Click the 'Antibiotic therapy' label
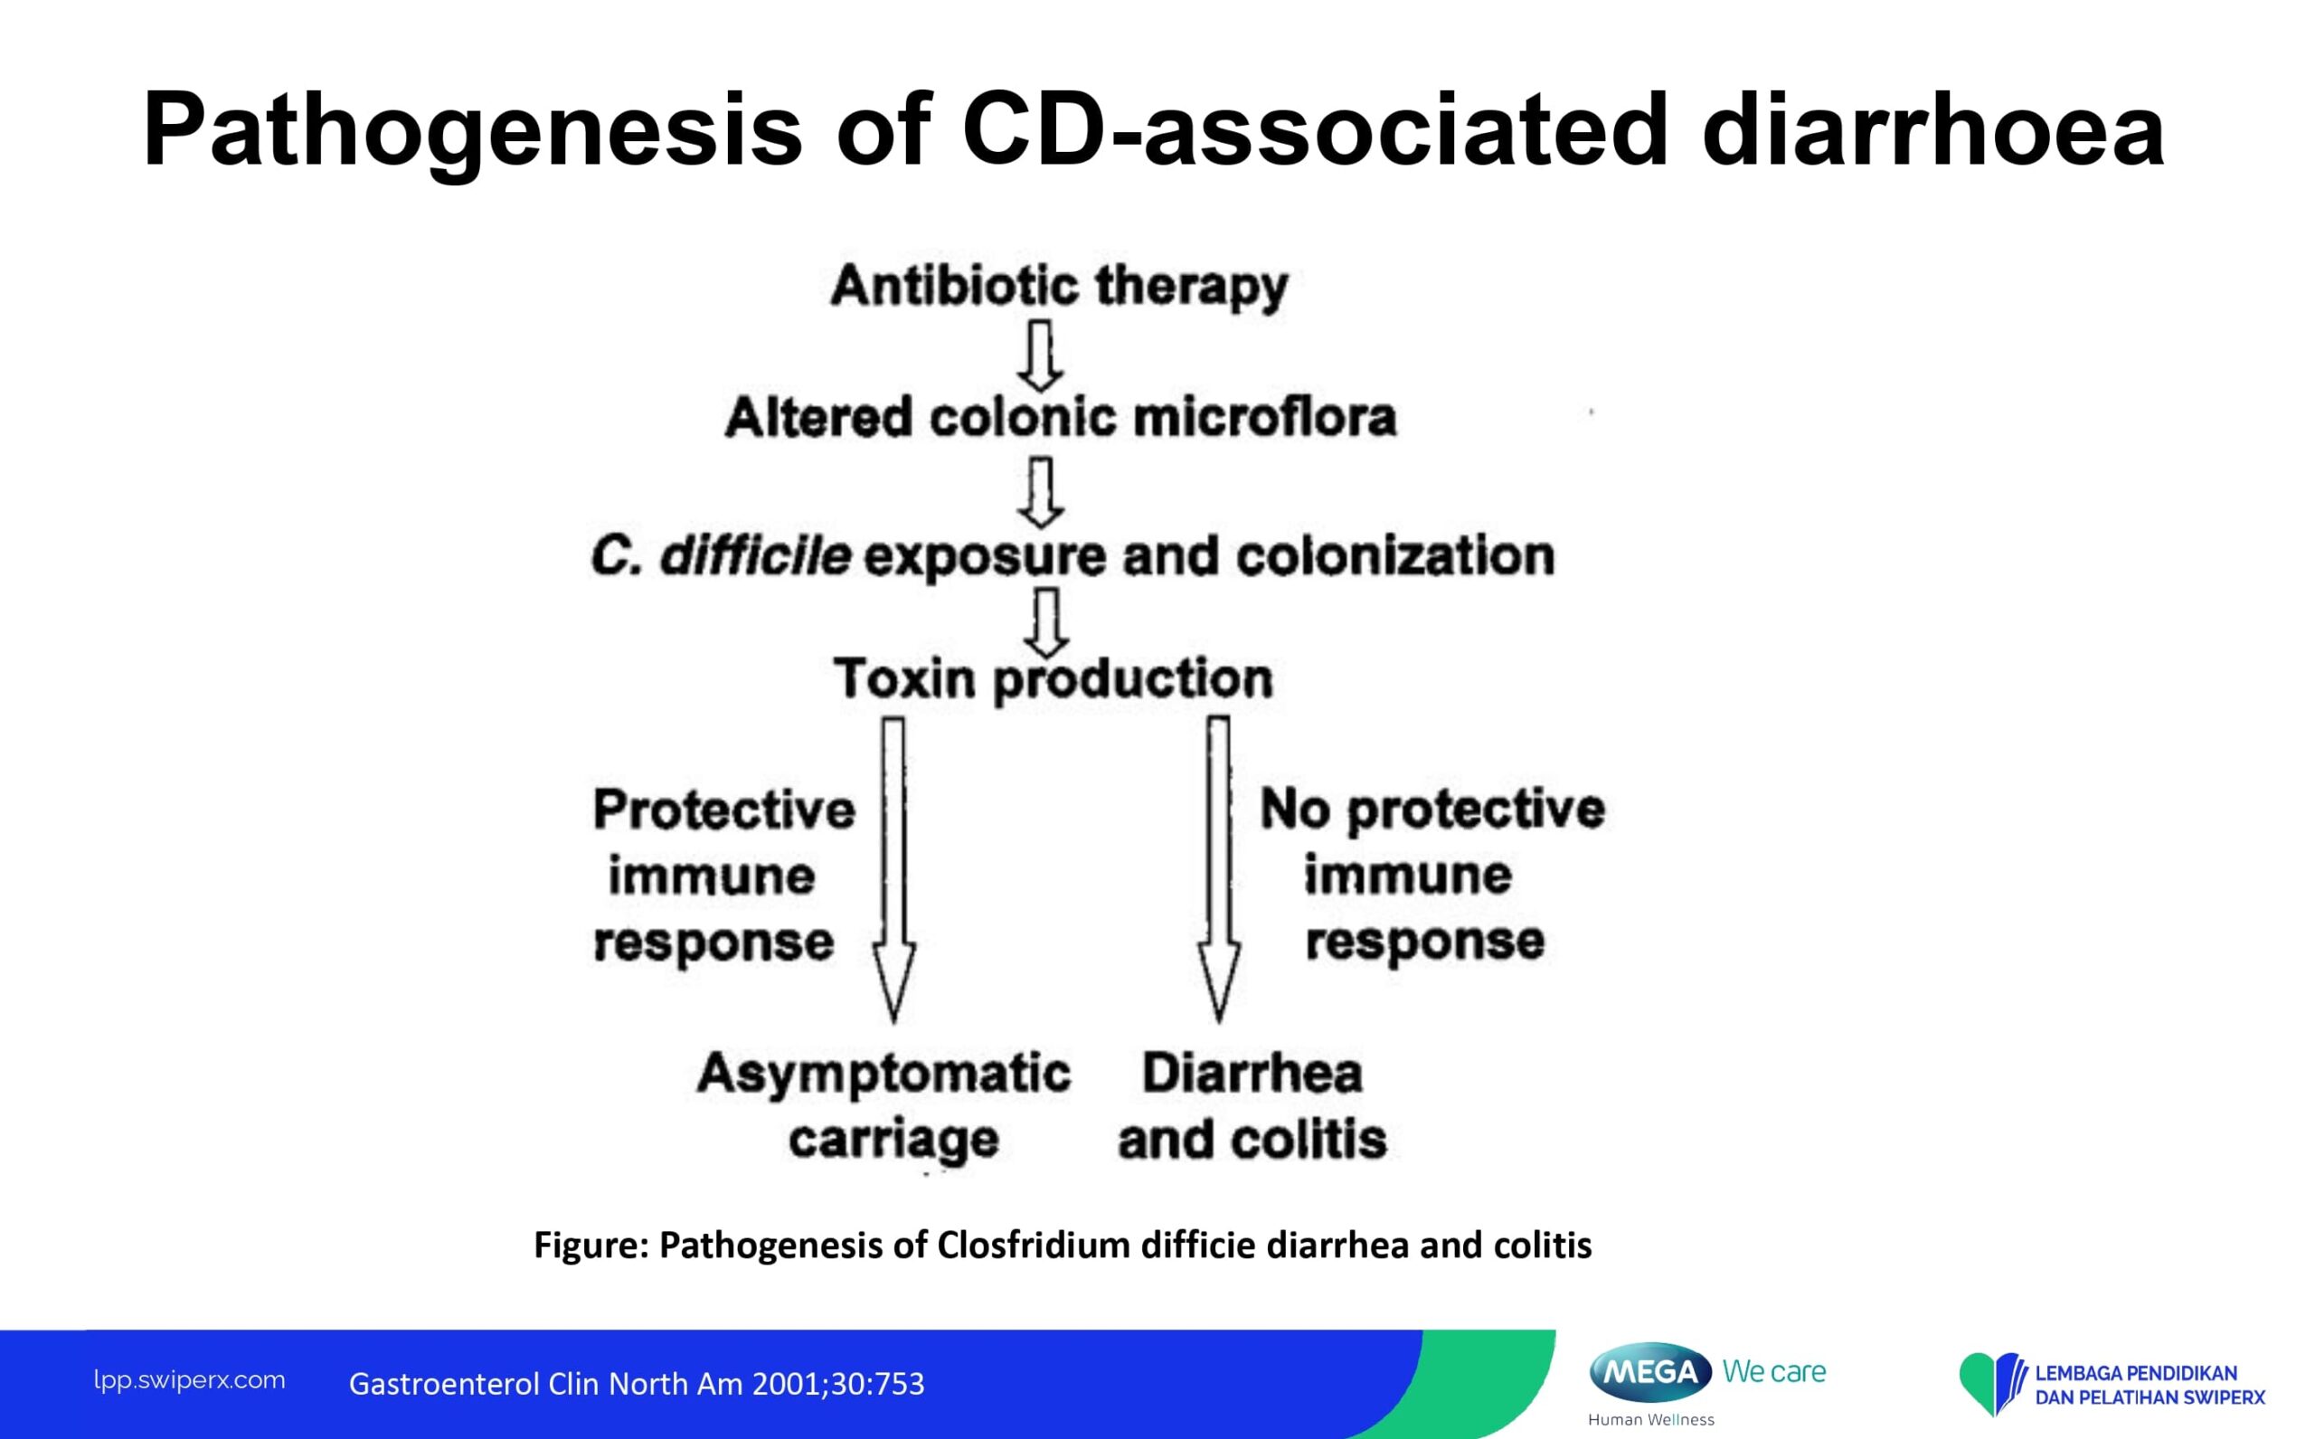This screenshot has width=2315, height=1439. [1058, 286]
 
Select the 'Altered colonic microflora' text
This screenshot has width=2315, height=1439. [1060, 418]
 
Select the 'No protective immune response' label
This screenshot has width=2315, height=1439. [1432, 876]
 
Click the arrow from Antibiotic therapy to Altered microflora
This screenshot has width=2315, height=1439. [1041, 355]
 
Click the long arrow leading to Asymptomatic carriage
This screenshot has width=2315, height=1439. [893, 866]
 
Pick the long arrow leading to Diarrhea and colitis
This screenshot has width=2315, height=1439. [1219, 866]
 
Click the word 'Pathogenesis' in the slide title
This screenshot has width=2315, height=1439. [472, 129]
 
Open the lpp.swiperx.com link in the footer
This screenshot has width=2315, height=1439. [189, 1380]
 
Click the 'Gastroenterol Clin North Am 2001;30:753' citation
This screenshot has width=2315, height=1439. [637, 1384]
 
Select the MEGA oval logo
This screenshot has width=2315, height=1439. [1650, 1372]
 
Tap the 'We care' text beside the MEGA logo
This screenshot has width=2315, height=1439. [1773, 1371]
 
